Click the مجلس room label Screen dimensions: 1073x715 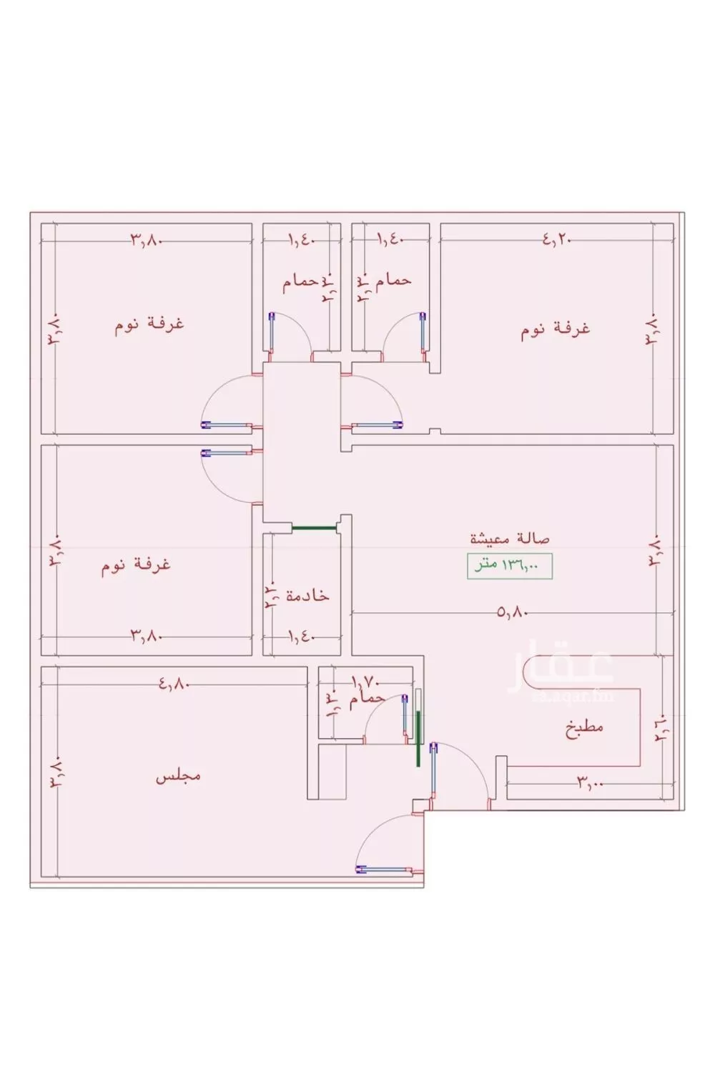point(178,775)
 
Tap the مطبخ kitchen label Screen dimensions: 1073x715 point(584,728)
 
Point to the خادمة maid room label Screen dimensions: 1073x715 point(307,595)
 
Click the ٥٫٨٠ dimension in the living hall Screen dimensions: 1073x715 point(512,612)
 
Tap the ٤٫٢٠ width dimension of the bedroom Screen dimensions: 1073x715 point(557,241)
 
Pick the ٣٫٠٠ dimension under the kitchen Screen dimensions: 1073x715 point(591,784)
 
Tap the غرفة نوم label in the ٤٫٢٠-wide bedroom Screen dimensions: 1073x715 point(555,329)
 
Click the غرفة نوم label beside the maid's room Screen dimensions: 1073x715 point(136,564)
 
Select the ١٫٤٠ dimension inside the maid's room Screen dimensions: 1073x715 point(300,634)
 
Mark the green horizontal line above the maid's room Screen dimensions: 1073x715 point(314,529)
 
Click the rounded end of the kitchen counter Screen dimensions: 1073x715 point(531,675)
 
